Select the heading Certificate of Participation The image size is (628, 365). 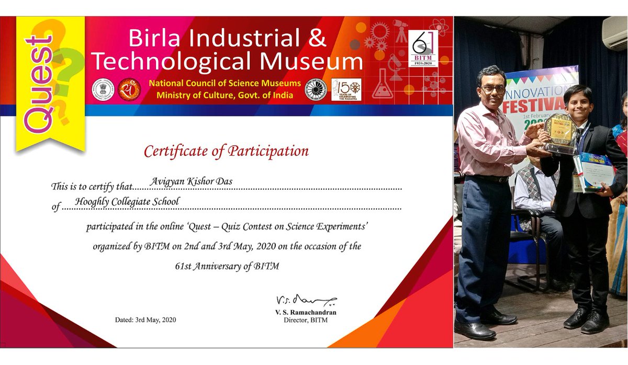coord(226,151)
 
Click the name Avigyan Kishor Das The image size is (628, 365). coord(192,181)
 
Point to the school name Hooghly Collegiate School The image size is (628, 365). coord(127,201)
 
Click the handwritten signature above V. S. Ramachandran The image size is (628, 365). coord(306,301)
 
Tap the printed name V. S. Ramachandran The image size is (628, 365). coord(306,312)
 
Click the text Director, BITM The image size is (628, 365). coord(305,320)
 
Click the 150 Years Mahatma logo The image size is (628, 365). coord(346,89)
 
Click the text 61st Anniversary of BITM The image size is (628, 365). coord(227,266)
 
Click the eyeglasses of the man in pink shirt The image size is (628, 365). coord(493,89)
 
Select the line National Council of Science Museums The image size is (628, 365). coord(225,84)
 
